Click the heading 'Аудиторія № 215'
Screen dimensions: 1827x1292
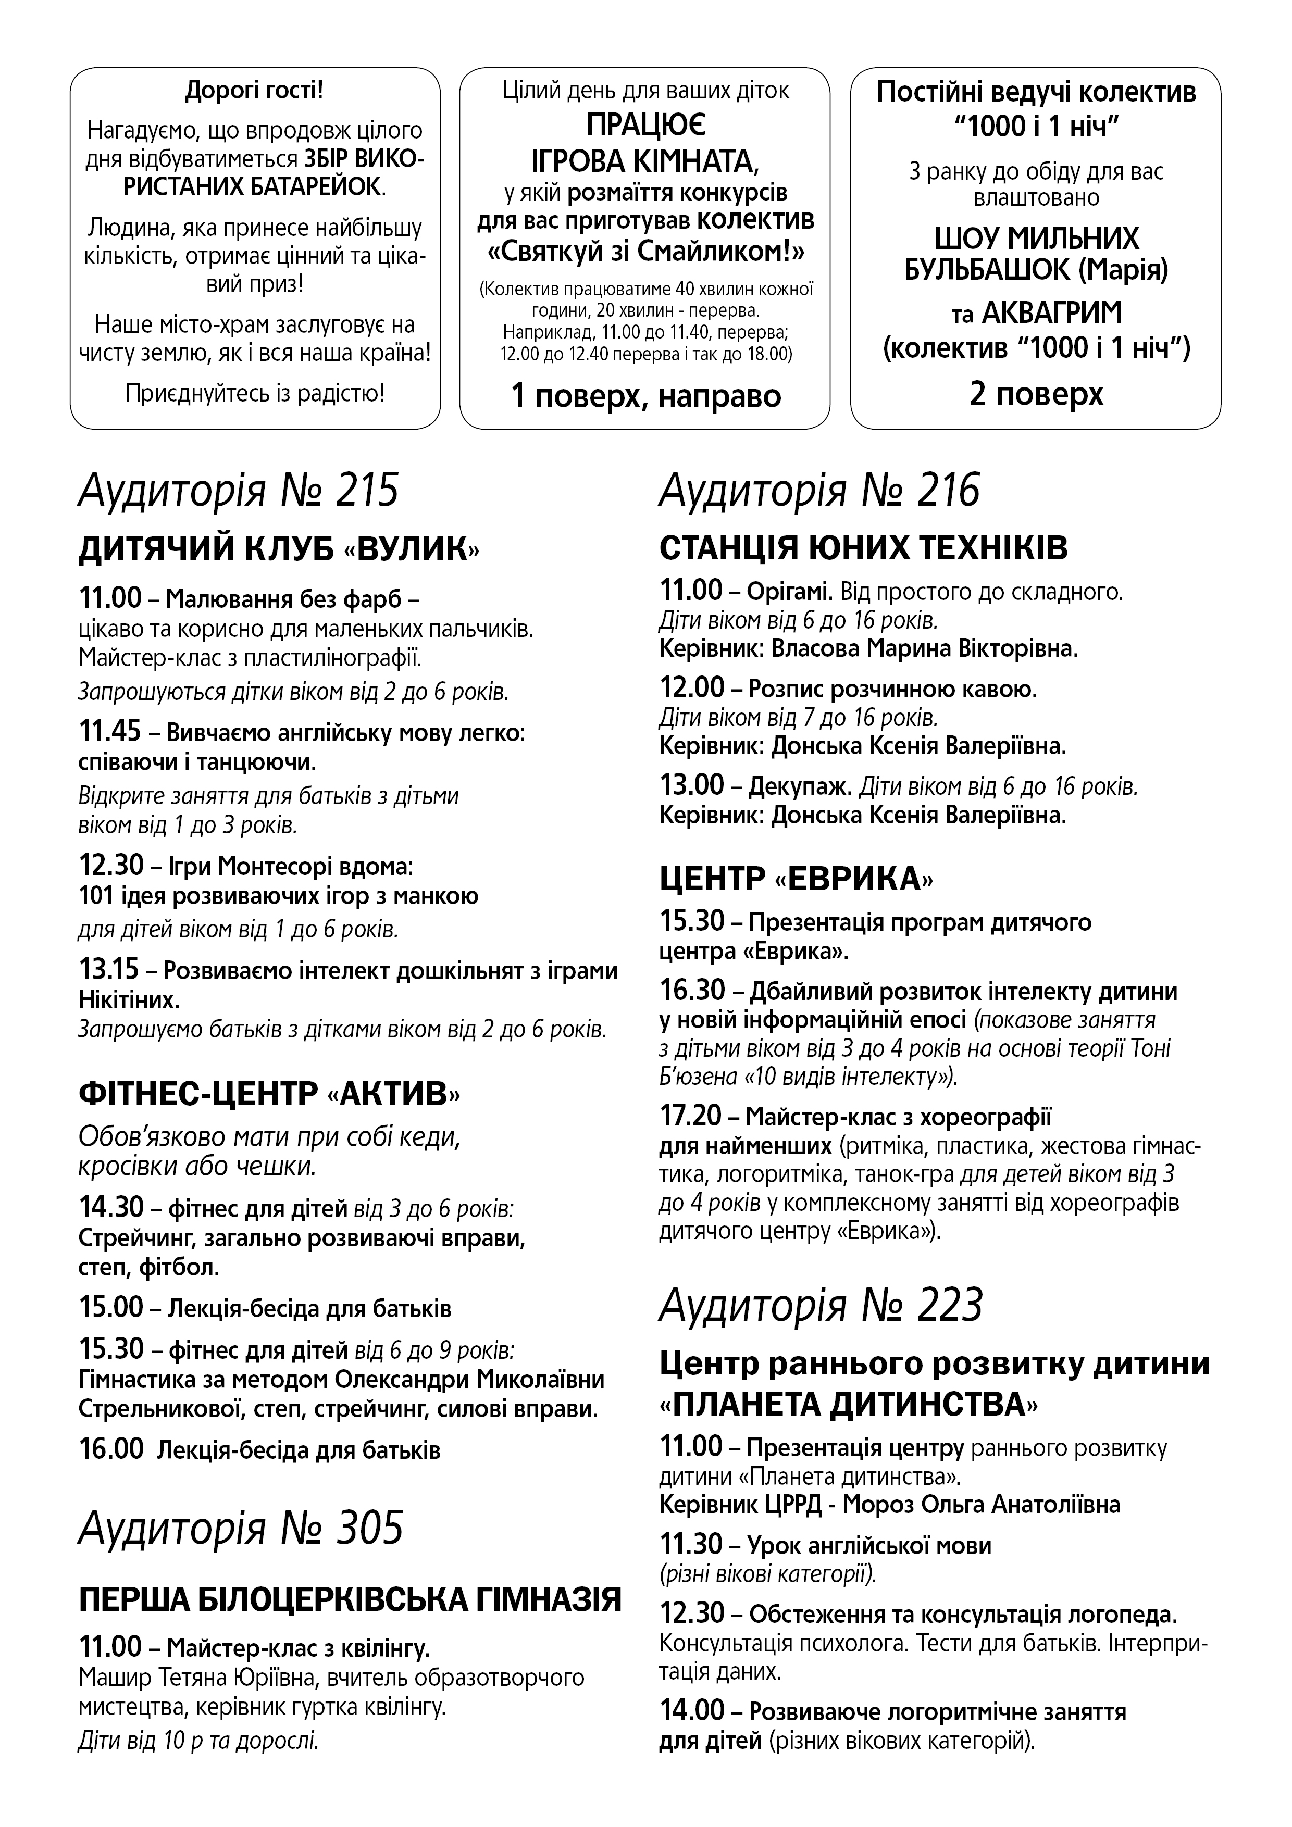238,491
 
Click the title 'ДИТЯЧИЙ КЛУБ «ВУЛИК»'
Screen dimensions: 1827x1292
279,550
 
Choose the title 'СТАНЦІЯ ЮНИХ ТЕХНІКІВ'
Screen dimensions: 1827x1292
864,548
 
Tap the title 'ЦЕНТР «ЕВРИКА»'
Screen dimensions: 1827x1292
796,879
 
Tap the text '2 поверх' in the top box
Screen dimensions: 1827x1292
1037,394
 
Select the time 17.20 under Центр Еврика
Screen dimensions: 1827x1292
691,1117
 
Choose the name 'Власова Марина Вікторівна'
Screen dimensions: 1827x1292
924,648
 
